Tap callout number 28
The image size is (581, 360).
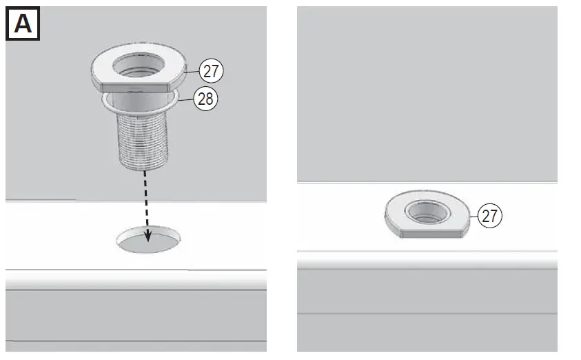tap(205, 99)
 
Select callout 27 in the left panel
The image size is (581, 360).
tap(212, 70)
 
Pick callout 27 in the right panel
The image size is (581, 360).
tap(489, 216)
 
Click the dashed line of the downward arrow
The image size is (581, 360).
tap(146, 200)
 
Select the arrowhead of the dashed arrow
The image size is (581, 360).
tap(148, 237)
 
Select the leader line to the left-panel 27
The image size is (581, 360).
tap(193, 71)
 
